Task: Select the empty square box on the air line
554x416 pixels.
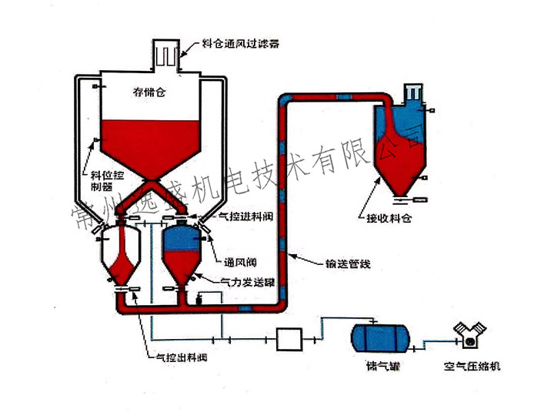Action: [x=291, y=337]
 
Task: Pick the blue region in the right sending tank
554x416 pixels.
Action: [x=182, y=238]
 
